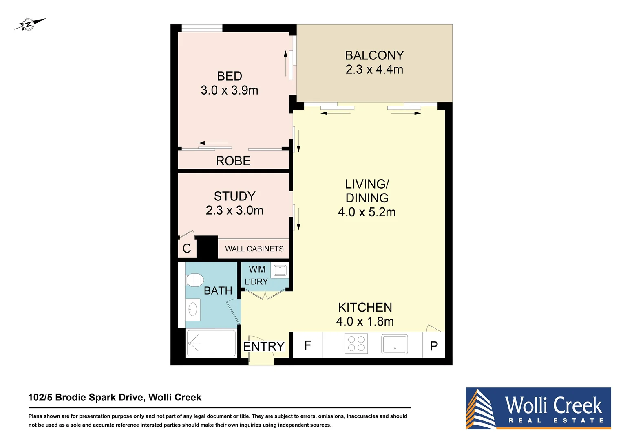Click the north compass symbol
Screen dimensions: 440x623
29,24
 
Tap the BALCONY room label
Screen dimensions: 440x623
374,55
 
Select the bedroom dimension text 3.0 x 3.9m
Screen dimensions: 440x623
229,90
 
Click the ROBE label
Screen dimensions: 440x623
233,161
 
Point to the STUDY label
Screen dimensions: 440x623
234,196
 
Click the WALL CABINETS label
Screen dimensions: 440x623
254,249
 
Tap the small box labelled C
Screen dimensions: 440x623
187,249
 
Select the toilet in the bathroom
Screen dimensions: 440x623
194,280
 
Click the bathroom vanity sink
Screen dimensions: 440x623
193,310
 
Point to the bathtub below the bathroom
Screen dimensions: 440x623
211,343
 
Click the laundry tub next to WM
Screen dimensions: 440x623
280,270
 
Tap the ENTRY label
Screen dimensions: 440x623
263,347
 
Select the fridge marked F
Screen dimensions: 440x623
308,345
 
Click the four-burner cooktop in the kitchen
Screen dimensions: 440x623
356,343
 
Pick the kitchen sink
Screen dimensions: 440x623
394,344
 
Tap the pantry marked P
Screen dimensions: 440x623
434,346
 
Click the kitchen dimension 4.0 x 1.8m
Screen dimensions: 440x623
365,321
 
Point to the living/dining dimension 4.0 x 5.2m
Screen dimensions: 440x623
367,212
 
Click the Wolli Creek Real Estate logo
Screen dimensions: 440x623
538,408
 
